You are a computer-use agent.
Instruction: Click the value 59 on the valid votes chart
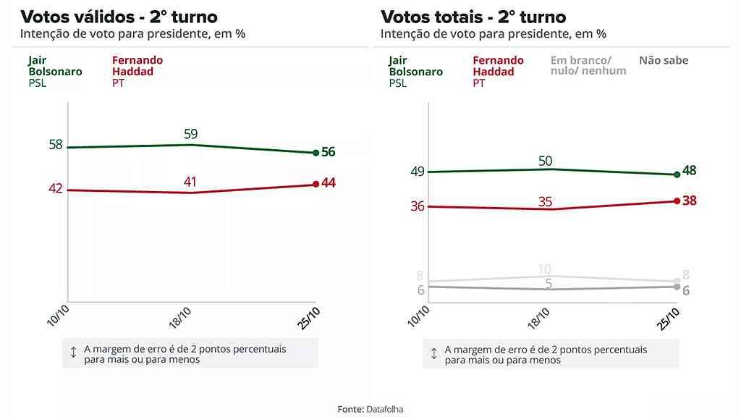190,134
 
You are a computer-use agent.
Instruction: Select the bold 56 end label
329,152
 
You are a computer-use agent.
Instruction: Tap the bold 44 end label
329,183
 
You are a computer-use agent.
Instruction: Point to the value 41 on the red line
190,182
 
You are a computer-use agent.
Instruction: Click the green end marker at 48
677,174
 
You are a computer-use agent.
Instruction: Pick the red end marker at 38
677,201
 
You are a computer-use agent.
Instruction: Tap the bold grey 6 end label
685,290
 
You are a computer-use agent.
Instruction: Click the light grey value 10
545,269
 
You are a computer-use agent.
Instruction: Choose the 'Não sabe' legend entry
664,61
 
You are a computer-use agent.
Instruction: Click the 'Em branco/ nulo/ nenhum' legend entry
588,66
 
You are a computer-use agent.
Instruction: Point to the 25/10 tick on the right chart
670,318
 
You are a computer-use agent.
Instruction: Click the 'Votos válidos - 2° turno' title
119,17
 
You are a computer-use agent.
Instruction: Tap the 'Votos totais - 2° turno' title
473,17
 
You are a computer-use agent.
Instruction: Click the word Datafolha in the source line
384,409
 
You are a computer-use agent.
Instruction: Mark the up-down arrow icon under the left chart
73,353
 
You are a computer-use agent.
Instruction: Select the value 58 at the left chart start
56,145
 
